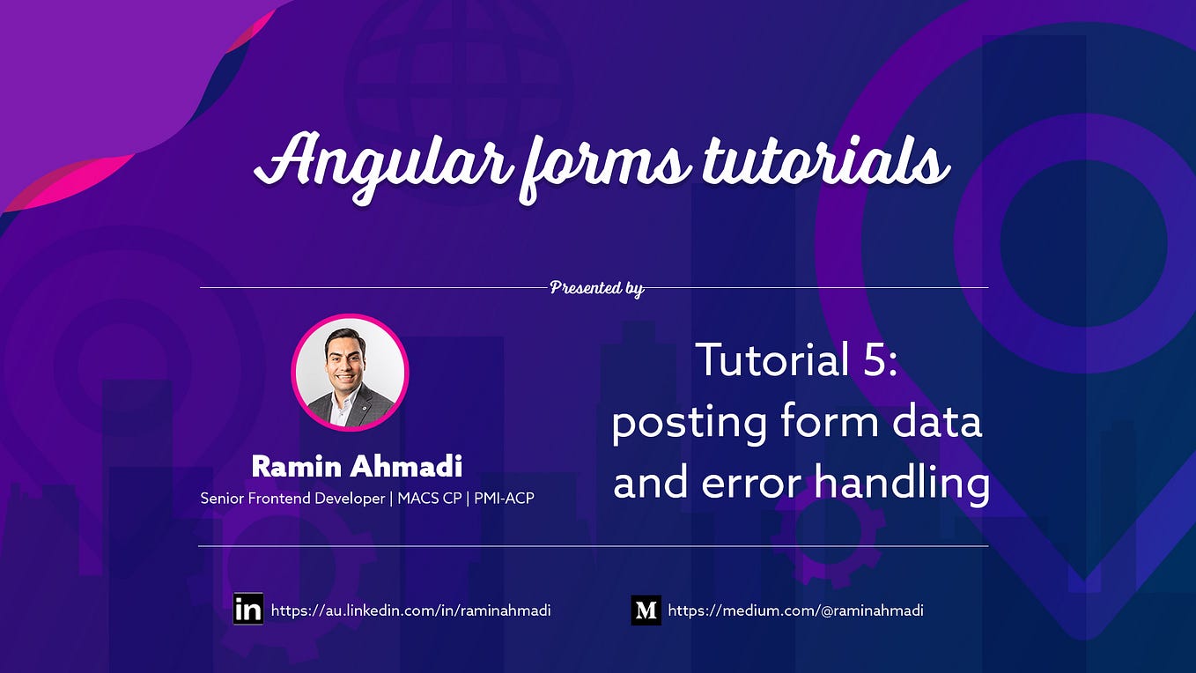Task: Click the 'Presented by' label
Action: coord(596,287)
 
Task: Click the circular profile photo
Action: coord(350,373)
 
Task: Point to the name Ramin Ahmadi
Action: coord(357,466)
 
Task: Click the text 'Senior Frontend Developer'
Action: coord(292,499)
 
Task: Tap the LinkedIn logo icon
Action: coord(248,610)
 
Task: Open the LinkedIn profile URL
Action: coord(410,610)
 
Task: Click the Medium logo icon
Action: coord(646,610)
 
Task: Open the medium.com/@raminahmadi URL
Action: coord(795,610)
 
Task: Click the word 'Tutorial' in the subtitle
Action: coord(769,361)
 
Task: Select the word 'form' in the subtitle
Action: coord(829,422)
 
